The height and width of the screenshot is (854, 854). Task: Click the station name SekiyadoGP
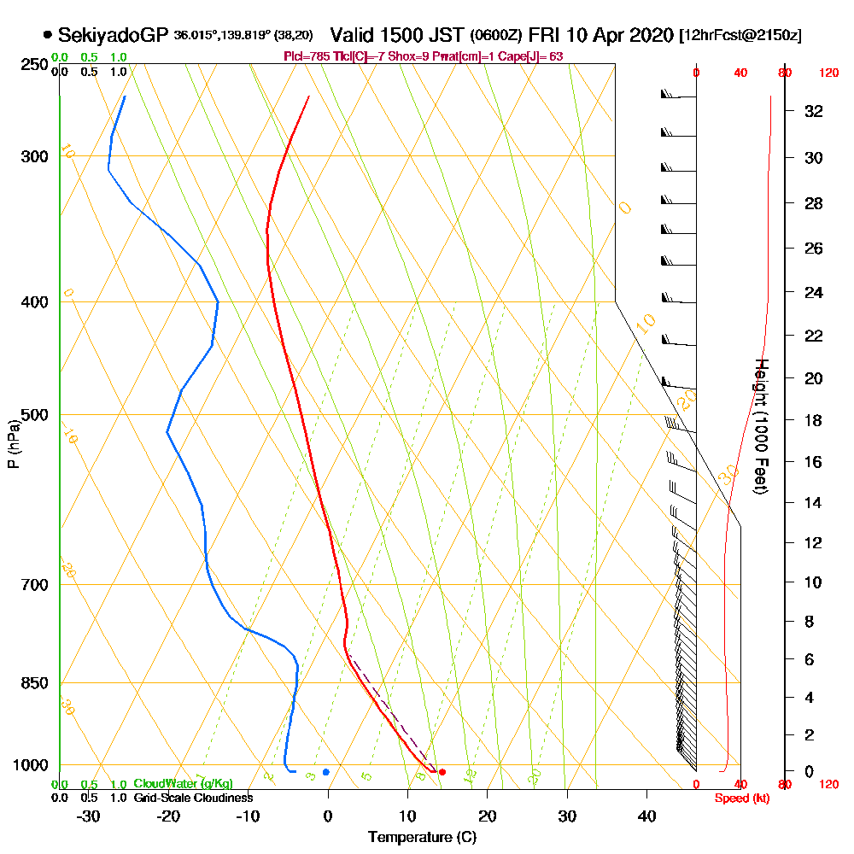click(x=114, y=35)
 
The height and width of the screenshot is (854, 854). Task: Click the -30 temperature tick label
click(x=88, y=815)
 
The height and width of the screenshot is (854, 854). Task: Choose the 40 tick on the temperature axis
click(x=646, y=815)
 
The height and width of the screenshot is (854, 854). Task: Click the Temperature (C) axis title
click(x=422, y=837)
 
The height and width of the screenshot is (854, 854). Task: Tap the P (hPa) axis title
click(x=14, y=443)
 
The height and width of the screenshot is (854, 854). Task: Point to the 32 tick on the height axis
click(x=814, y=111)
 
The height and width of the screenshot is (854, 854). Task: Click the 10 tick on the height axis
click(x=814, y=582)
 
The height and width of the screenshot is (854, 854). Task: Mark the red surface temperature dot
click(x=442, y=772)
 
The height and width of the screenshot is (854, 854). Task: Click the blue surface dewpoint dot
click(x=325, y=772)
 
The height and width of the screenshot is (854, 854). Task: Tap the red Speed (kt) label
click(x=741, y=798)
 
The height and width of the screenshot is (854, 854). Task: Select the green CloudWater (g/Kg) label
click(x=183, y=784)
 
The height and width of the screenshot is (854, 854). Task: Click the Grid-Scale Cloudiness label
click(x=193, y=798)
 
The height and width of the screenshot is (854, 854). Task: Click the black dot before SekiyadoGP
click(x=47, y=35)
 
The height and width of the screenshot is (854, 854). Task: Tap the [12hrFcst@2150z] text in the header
click(x=740, y=36)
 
